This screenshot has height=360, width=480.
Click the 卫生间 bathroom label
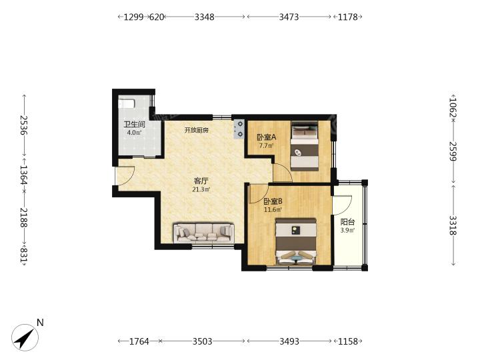pos(134,125)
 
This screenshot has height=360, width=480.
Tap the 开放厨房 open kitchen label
pos(197,130)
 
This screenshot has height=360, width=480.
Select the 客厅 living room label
pos(201,181)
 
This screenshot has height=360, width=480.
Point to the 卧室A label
pos(266,137)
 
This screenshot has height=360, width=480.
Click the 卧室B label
pos(273,201)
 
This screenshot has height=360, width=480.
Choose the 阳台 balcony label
pos(347,222)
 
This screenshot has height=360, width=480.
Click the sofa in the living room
pos(204,233)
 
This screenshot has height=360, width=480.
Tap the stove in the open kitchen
pos(239,129)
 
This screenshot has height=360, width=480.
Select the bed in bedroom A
pos(305,146)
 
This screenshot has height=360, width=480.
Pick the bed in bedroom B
pos(296,241)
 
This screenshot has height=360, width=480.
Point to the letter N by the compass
pos(40,323)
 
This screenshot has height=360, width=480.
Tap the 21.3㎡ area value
pos(201,189)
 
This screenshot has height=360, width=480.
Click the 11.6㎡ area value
pos(273,210)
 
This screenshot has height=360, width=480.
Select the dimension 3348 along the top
pos(205,17)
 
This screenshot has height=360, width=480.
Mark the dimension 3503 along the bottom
pos(203,341)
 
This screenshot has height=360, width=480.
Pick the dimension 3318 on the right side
pos(453,225)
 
